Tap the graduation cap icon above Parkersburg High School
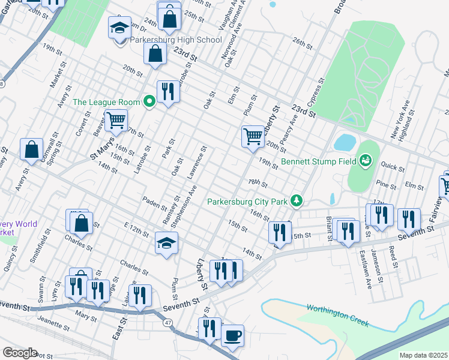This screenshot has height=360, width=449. tap(119, 28)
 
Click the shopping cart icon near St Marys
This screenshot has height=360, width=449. tap(116, 120)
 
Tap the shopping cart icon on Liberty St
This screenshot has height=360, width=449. tap(253, 136)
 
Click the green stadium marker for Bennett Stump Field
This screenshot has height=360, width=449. tap(365, 160)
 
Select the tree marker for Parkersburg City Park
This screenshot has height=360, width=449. tap(295, 201)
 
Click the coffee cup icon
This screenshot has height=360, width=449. tap(232, 335)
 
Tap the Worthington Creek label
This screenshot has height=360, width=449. tap(337, 316)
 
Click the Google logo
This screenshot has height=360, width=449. tap(20, 353)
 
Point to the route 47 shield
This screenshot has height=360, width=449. tap(168, 323)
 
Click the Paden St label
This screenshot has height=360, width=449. tap(154, 202)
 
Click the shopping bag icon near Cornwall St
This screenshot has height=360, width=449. tap(31, 150)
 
